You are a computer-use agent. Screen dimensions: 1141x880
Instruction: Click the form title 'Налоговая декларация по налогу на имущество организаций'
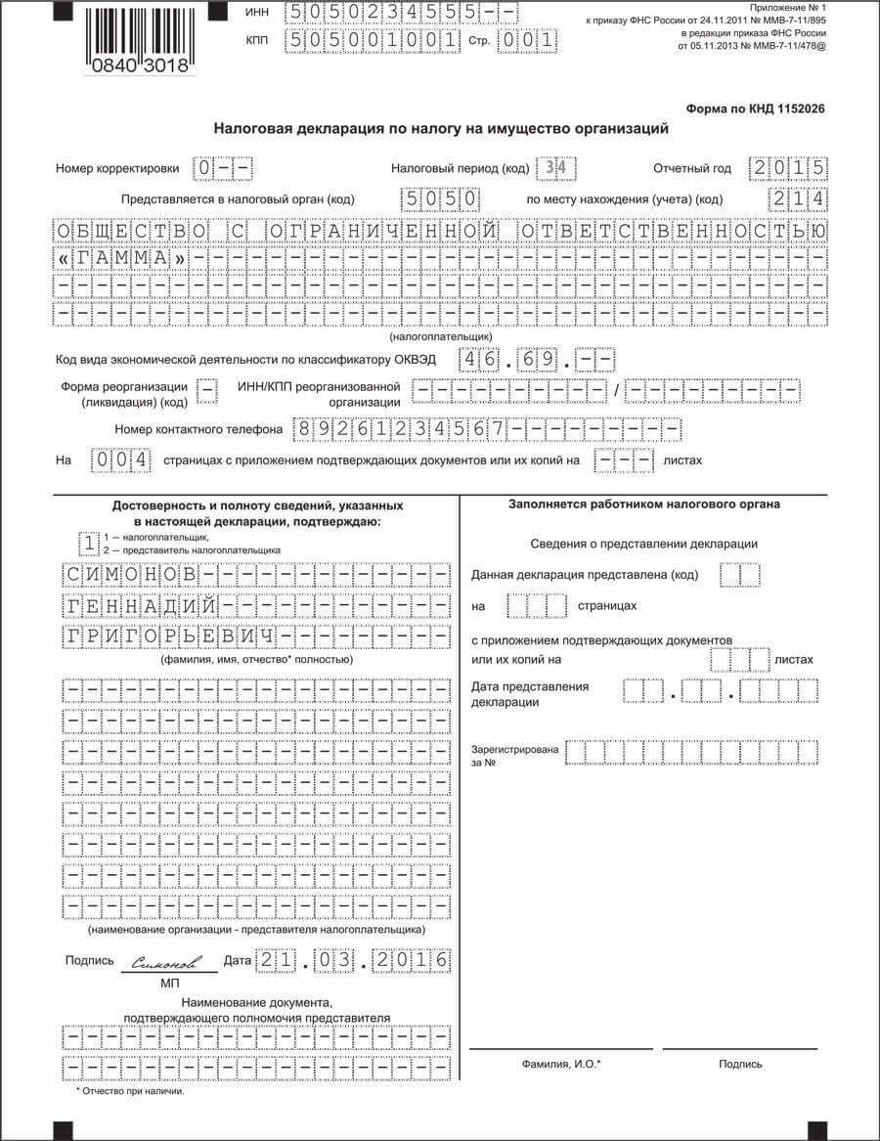click(x=441, y=129)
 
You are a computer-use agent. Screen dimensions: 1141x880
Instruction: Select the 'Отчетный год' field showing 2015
click(x=788, y=168)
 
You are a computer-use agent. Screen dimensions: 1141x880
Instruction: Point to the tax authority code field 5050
click(x=440, y=199)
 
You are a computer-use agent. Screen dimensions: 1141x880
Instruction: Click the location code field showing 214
click(x=799, y=199)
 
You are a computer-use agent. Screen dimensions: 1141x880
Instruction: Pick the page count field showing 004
click(x=121, y=460)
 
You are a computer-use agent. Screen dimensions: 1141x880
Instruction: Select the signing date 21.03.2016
click(x=352, y=961)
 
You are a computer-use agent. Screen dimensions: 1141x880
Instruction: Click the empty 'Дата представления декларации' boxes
click(x=720, y=693)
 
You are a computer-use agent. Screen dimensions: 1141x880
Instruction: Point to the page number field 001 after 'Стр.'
click(x=527, y=42)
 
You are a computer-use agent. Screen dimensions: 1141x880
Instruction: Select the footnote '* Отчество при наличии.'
click(x=130, y=1090)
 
